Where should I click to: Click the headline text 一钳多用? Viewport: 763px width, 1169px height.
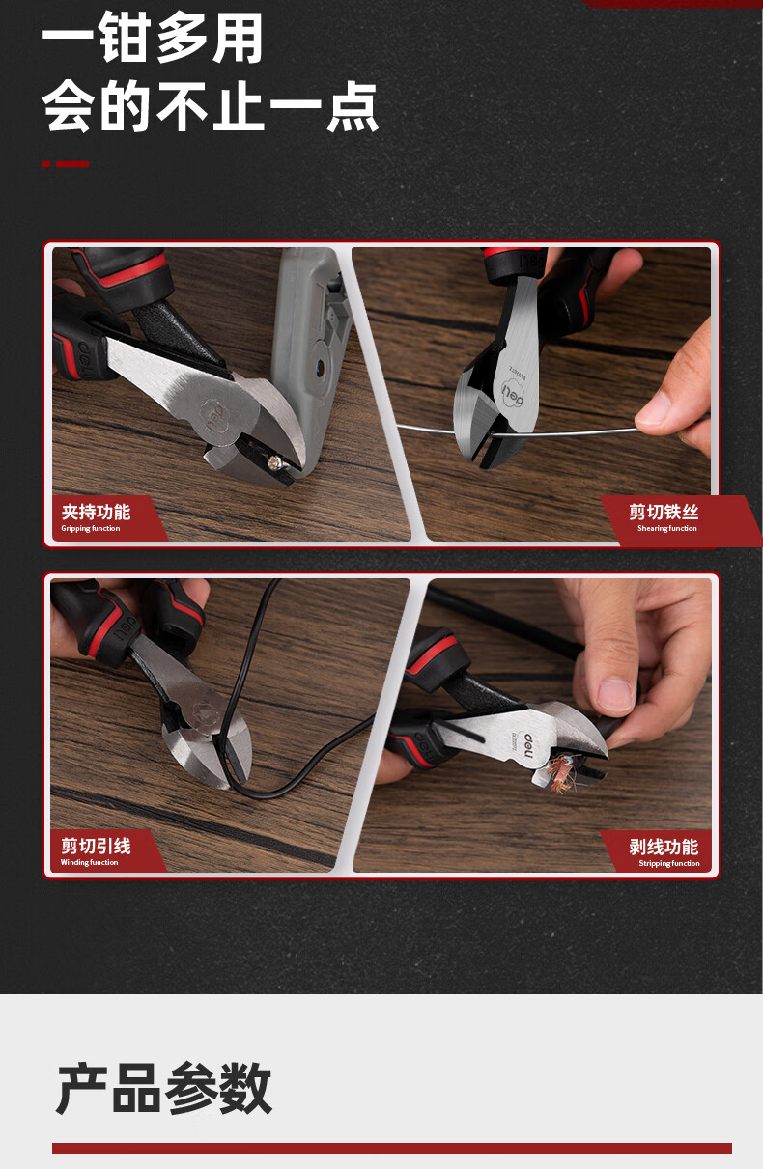152,38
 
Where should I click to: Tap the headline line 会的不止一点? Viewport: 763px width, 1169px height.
210,106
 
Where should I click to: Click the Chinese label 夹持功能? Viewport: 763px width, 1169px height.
96,512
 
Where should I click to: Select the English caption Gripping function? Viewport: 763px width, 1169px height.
91,528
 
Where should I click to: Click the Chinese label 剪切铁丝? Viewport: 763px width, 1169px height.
664,512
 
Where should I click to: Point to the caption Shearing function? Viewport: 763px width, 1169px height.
667,528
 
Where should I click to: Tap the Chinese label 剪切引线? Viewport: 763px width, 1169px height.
96,846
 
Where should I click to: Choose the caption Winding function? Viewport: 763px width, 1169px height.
89,862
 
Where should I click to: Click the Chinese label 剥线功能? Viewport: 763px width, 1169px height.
664,847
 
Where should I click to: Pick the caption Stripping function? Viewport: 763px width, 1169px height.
669,863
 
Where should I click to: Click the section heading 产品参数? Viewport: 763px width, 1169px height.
164,1088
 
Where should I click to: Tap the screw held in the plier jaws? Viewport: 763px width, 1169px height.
273,460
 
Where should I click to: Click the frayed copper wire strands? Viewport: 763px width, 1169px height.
561,773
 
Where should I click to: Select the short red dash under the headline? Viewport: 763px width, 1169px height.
66,164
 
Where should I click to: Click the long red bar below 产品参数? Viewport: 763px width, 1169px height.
392,1148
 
